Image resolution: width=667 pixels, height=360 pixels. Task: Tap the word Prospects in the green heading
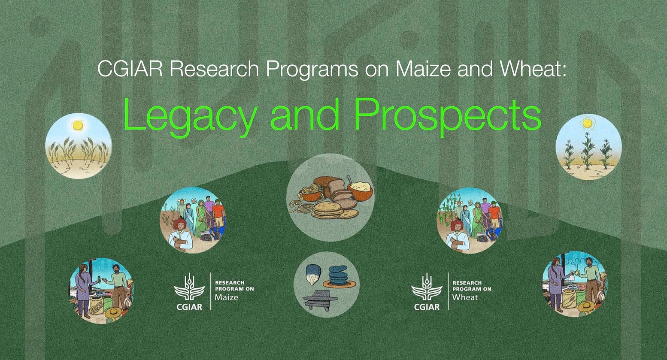pyautogui.click(x=448, y=117)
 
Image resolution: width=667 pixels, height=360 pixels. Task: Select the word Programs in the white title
pyautogui.click(x=312, y=70)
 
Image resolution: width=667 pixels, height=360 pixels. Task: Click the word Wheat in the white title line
pyautogui.click(x=533, y=69)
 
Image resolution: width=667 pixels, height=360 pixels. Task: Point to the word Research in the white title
pyautogui.click(x=214, y=69)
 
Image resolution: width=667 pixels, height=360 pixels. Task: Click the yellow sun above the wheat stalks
pyautogui.click(x=77, y=125)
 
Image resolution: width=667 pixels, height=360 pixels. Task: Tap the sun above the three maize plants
pyautogui.click(x=587, y=123)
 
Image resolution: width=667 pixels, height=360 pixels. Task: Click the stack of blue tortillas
pyautogui.click(x=339, y=277)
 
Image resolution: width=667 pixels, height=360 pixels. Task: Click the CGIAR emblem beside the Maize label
pyautogui.click(x=189, y=291)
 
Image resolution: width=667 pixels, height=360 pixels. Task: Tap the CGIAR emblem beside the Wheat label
pyautogui.click(x=427, y=291)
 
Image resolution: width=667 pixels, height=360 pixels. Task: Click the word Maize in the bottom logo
pyautogui.click(x=226, y=297)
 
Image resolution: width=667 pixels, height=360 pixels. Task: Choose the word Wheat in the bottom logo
pyautogui.click(x=465, y=297)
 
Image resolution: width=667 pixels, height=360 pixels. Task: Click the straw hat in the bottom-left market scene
pyautogui.click(x=113, y=312)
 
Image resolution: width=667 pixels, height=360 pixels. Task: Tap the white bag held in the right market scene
pyautogui.click(x=572, y=275)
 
